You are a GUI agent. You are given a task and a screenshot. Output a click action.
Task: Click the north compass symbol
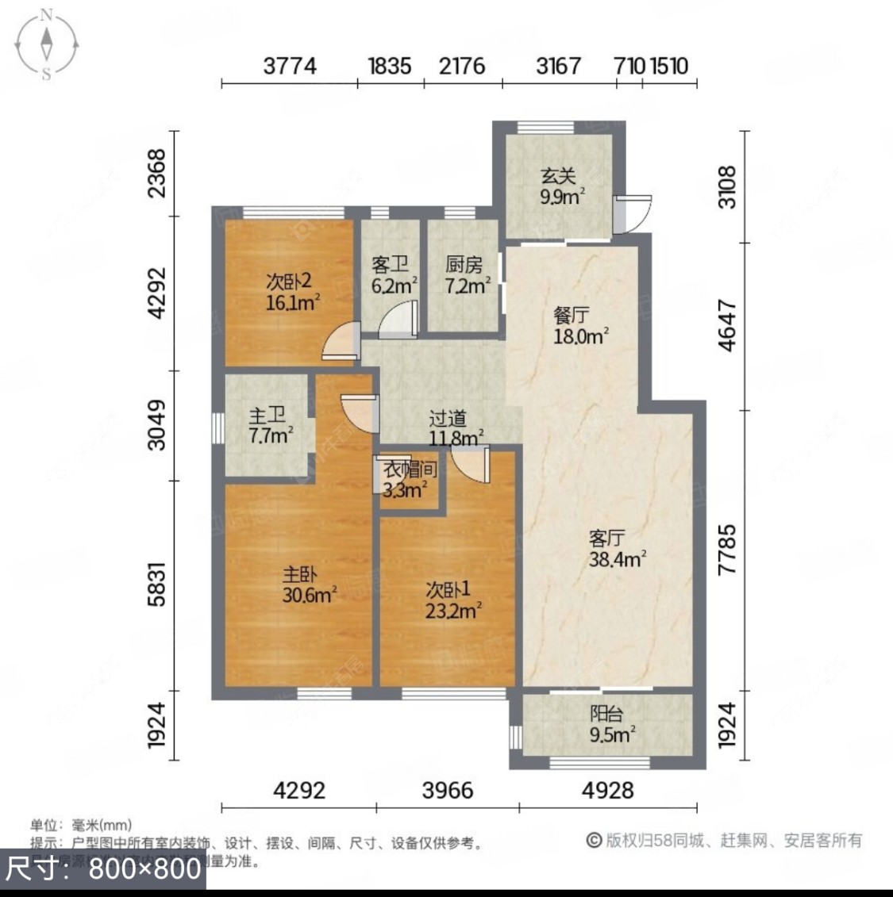(x=47, y=43)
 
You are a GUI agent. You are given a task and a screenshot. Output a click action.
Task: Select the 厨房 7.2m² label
(x=465, y=275)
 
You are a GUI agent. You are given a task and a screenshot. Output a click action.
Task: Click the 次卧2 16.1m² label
(x=291, y=291)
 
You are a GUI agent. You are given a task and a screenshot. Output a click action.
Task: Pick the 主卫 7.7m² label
(x=269, y=424)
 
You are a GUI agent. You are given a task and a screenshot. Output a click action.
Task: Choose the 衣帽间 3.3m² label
(x=409, y=479)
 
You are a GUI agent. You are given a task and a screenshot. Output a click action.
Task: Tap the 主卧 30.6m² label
(x=308, y=585)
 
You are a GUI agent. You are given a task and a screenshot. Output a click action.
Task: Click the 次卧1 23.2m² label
(x=452, y=600)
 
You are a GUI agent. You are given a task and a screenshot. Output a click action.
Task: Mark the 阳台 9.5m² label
(x=610, y=724)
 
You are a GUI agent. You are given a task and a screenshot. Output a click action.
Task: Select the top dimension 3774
(x=290, y=66)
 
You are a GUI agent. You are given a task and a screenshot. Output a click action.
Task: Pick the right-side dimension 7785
(x=726, y=549)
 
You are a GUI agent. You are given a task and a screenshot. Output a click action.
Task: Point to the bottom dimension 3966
(x=448, y=790)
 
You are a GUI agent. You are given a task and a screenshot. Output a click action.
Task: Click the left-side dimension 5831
(x=158, y=585)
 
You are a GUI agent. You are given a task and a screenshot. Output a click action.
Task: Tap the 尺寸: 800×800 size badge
(x=103, y=868)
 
